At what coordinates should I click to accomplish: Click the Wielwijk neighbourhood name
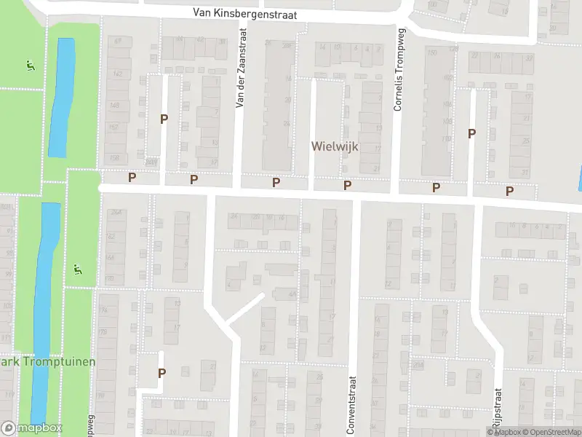click(x=335, y=146)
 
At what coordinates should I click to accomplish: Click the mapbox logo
click(x=32, y=428)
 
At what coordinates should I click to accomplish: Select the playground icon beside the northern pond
click(x=30, y=65)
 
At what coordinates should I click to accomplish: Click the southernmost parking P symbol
click(x=162, y=372)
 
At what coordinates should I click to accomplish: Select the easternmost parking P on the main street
click(x=509, y=191)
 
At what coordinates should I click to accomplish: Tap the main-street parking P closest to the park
click(x=132, y=177)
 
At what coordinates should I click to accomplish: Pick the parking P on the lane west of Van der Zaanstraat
click(x=164, y=119)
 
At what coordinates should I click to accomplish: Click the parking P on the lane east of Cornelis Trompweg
click(x=471, y=133)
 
